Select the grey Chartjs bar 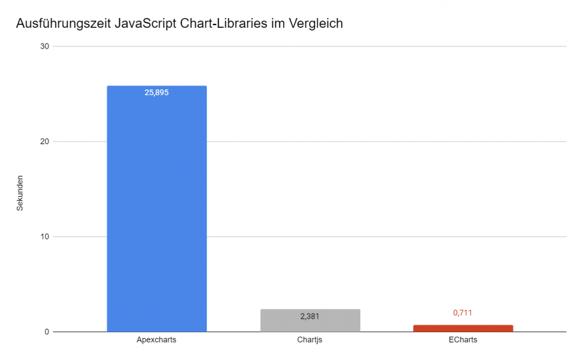(x=310, y=320)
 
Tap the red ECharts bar (x=463, y=328)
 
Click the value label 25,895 (x=157, y=93)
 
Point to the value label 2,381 (x=310, y=316)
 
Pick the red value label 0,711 (x=463, y=312)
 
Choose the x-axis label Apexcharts (x=157, y=340)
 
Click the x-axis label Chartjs (x=310, y=340)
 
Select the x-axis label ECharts (x=463, y=340)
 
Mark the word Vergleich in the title (x=314, y=24)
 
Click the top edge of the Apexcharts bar (x=157, y=86)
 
